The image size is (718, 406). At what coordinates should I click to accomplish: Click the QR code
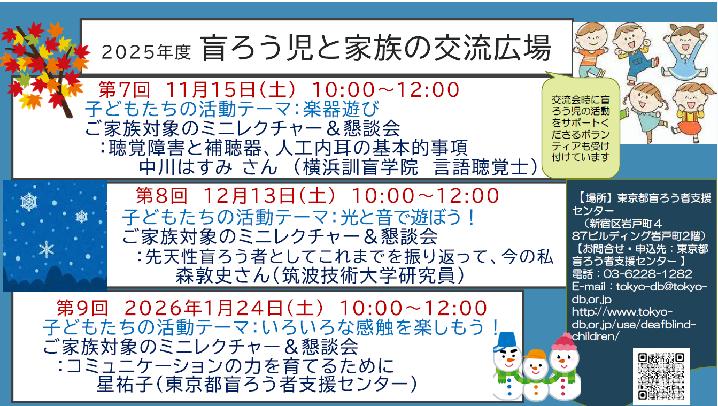[x=661, y=376]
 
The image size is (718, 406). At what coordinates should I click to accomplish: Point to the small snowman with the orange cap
[x=535, y=374]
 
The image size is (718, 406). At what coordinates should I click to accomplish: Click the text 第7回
[x=124, y=89]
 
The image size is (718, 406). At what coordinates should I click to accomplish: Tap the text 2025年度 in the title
[x=146, y=52]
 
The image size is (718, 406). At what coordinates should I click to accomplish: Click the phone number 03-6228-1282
[x=648, y=274]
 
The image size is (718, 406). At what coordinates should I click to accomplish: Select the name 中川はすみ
[x=186, y=167]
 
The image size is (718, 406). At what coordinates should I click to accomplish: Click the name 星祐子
[x=125, y=384]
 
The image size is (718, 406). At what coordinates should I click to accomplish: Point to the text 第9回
[x=82, y=308]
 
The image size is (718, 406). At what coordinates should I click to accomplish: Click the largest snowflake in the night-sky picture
[x=29, y=202]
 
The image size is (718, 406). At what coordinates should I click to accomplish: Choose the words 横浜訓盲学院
[x=360, y=167]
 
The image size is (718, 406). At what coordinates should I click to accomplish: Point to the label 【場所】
[x=595, y=198]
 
